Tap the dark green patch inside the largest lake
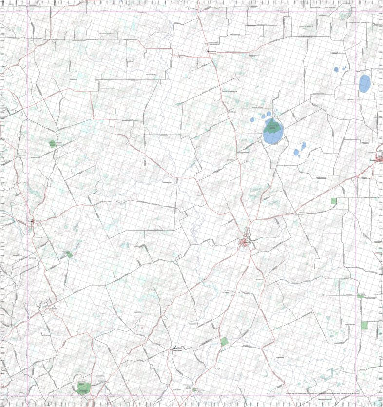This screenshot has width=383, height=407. pyautogui.click(x=271, y=125)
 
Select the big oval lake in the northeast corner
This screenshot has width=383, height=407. pyautogui.click(x=364, y=83)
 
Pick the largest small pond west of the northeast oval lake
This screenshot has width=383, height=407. pyautogui.click(x=336, y=69)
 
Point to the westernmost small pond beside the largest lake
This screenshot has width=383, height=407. pyautogui.click(x=252, y=120)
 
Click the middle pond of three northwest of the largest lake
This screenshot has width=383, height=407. pyautogui.click(x=262, y=117)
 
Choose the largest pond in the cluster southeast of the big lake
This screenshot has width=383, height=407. pyautogui.click(x=297, y=152)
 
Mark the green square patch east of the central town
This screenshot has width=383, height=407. pyautogui.click(x=334, y=201)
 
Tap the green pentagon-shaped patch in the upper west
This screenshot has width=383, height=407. pyautogui.click(x=52, y=143)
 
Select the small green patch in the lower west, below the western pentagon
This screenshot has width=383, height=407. pyautogui.click(x=69, y=254)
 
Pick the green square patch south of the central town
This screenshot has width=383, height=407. pyautogui.click(x=224, y=342)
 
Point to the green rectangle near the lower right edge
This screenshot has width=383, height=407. pyautogui.click(x=364, y=325)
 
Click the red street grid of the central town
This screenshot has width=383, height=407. pyautogui.click(x=245, y=243)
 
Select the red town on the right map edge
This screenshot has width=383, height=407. pyautogui.click(x=379, y=158)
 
